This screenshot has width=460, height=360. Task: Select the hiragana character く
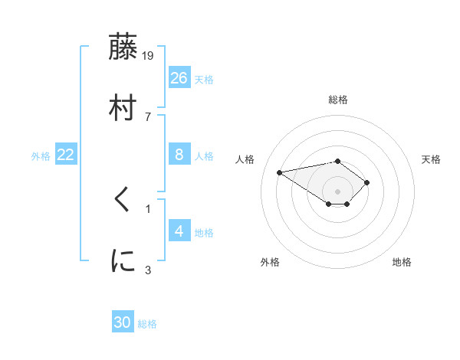click(123, 201)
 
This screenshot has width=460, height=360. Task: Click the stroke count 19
click(149, 56)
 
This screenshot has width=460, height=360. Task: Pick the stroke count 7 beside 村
click(147, 116)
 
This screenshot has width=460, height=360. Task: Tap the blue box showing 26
click(179, 77)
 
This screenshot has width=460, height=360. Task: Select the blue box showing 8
click(179, 155)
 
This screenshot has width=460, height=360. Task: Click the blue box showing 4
click(179, 231)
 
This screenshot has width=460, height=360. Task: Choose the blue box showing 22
click(66, 155)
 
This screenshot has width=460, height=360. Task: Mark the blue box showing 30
click(123, 322)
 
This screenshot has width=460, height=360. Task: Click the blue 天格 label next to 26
click(204, 79)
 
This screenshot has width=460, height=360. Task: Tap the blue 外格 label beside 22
click(41, 156)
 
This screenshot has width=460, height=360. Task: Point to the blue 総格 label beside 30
click(147, 324)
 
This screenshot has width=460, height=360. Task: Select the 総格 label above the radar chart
click(338, 100)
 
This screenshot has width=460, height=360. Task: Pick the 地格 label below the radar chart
click(402, 263)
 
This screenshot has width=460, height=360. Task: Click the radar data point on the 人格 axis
click(280, 172)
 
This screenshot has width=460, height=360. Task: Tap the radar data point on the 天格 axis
click(367, 182)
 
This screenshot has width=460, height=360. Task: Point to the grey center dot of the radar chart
click(338, 191)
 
